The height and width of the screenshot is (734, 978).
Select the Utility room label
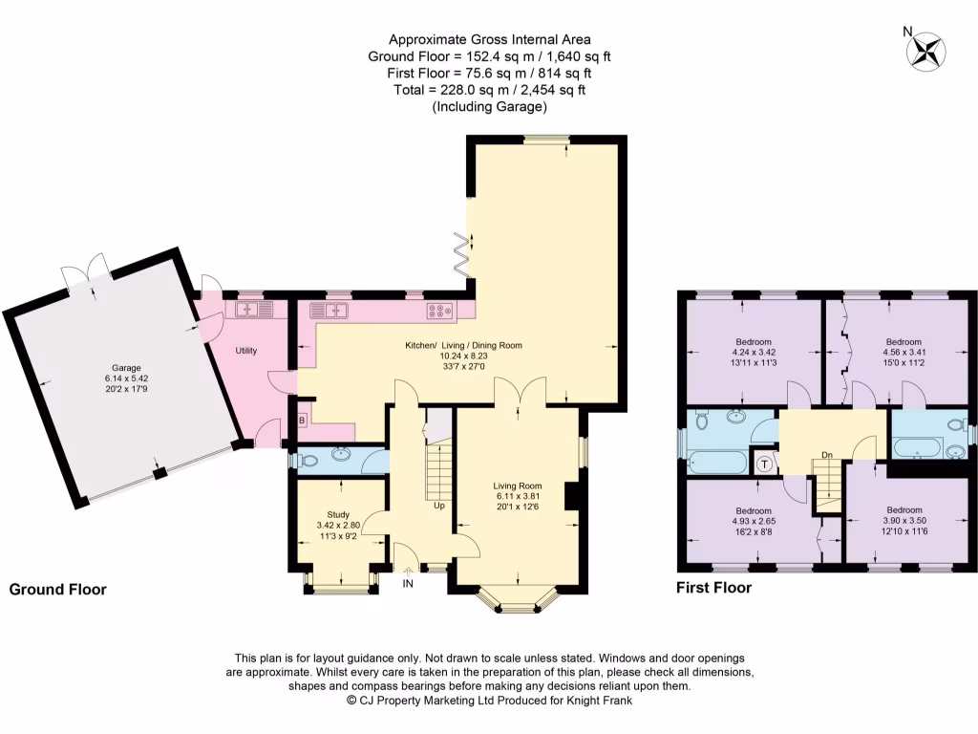click(x=246, y=351)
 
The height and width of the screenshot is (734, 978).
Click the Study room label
click(x=338, y=514)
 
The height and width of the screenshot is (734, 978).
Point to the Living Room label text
click(x=517, y=485)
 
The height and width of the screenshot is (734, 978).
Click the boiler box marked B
click(x=303, y=421)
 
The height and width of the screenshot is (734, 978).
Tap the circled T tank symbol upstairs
click(x=765, y=464)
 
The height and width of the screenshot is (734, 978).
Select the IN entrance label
click(x=408, y=583)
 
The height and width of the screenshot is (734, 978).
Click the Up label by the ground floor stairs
click(x=439, y=506)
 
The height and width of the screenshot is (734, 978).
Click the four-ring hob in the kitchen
click(x=439, y=310)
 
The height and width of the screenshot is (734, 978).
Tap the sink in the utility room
click(x=255, y=309)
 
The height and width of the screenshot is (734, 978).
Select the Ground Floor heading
click(x=57, y=590)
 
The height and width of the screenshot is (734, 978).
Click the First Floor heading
click(x=713, y=588)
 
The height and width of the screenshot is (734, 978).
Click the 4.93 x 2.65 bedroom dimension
click(x=754, y=521)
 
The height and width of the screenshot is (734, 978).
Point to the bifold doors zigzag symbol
click(x=461, y=254)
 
